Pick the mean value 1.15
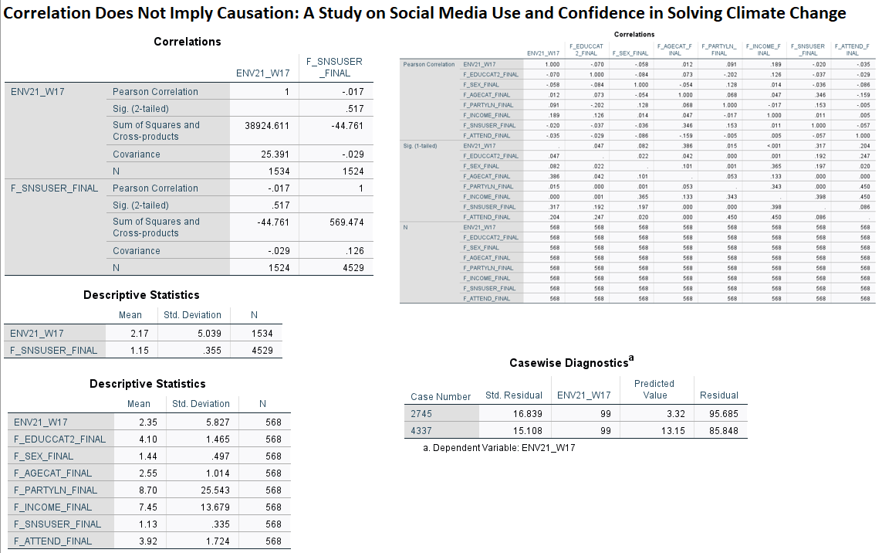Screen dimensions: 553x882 tap(138, 350)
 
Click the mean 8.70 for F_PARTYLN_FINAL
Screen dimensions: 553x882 tap(147, 490)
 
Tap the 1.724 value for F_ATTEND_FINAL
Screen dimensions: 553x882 tap(217, 541)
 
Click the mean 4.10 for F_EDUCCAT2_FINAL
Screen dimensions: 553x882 tap(147, 439)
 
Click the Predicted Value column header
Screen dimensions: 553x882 tap(654, 389)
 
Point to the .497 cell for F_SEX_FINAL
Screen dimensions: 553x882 tap(216, 456)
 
